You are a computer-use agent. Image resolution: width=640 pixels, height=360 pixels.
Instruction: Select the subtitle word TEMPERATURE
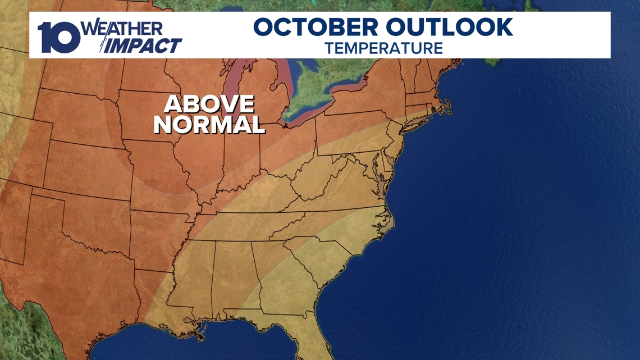[x=383, y=48]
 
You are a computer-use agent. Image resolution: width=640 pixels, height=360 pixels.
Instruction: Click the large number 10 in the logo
[x=59, y=38]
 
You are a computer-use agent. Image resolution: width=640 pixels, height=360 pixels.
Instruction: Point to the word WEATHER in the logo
[x=123, y=28]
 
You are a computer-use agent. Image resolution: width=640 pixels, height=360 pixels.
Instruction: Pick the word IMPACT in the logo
[x=144, y=45]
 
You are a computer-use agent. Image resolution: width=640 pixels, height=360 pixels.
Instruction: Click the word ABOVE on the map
[x=209, y=104]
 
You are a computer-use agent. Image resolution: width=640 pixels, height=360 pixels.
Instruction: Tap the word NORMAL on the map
[x=209, y=125]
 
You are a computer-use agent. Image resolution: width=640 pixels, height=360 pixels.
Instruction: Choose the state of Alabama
[x=233, y=275]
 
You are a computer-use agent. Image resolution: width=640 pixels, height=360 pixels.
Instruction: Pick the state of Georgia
[x=284, y=281]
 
